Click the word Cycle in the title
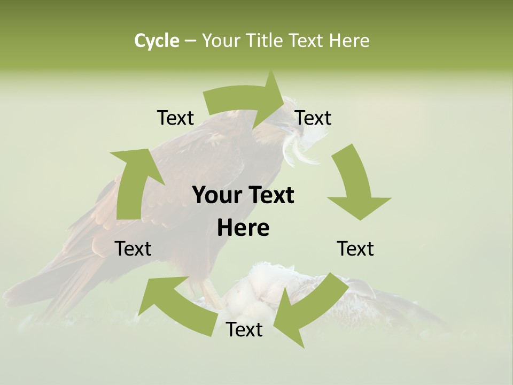click(157, 41)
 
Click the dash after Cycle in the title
click(190, 41)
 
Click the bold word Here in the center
click(243, 228)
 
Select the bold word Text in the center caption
click(270, 195)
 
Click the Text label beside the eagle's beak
click(314, 118)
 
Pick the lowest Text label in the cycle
click(244, 330)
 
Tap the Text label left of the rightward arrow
click(175, 118)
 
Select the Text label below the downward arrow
click(355, 249)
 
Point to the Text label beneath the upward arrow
click(133, 249)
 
